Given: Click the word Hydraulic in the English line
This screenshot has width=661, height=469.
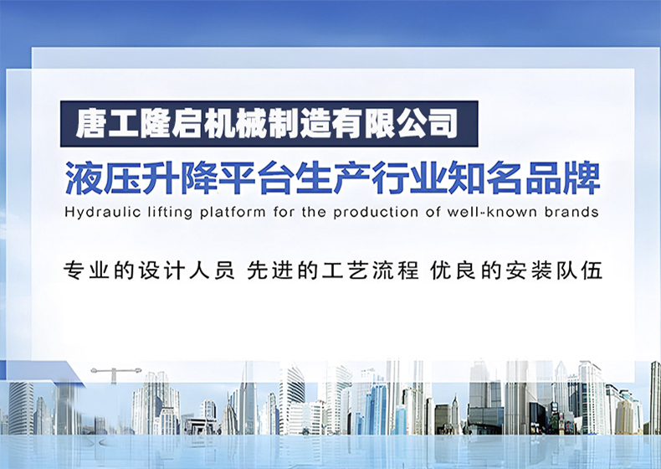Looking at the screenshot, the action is [x=103, y=212].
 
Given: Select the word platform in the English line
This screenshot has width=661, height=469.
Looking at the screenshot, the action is [x=233, y=212].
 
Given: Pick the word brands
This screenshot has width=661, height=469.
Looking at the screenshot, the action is [x=571, y=212].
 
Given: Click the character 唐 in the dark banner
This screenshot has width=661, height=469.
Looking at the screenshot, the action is [x=90, y=124].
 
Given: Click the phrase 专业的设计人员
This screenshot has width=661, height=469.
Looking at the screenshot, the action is [x=149, y=271].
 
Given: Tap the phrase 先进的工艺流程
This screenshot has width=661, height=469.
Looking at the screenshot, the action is [x=333, y=271].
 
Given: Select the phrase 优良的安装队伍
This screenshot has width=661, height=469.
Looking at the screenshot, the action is [x=516, y=271].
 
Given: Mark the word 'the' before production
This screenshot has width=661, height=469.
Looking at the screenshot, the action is [x=313, y=212].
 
